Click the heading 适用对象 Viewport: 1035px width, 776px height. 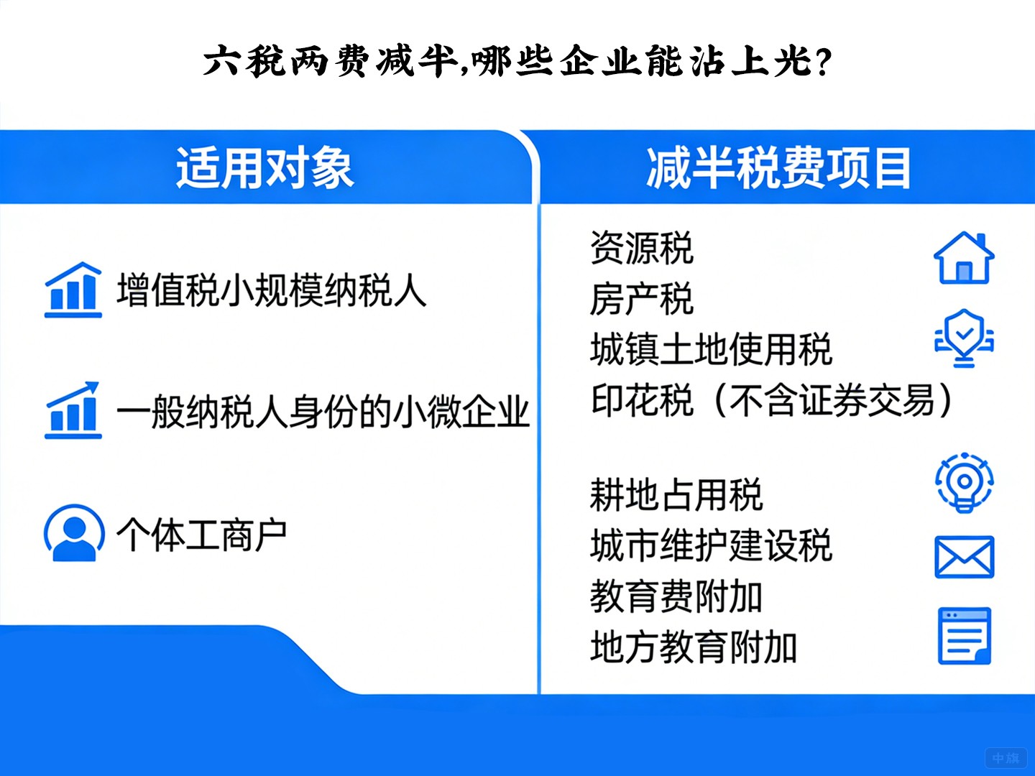[x=264, y=168]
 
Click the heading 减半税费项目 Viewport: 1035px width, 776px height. [x=778, y=168]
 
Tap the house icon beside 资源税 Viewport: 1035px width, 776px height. [x=964, y=258]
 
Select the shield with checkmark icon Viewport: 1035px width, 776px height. [x=964, y=338]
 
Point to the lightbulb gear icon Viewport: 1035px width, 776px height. [x=965, y=482]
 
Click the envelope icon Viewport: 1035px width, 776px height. [x=964, y=557]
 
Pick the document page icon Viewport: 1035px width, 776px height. [x=965, y=636]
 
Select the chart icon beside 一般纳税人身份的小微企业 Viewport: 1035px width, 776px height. [x=73, y=410]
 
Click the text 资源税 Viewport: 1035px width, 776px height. [x=641, y=249]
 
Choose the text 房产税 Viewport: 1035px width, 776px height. [x=641, y=299]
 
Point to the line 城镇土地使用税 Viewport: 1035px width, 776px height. [x=711, y=350]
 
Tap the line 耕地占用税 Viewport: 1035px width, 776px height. [x=676, y=495]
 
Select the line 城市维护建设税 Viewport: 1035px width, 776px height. [x=711, y=545]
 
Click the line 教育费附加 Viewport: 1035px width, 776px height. [x=676, y=596]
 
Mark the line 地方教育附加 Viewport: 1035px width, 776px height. [x=694, y=647]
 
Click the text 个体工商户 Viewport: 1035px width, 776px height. [x=202, y=535]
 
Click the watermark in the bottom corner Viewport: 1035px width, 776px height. [x=1006, y=758]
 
